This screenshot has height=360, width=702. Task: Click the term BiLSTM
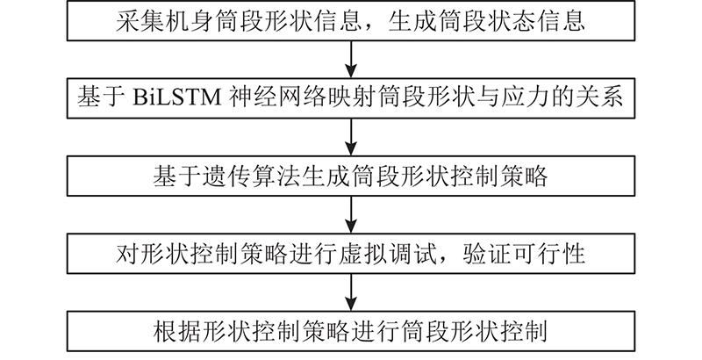177,98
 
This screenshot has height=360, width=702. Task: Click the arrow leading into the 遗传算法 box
352,137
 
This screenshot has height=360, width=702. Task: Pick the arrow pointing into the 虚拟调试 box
352,214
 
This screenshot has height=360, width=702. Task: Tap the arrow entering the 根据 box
352,292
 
